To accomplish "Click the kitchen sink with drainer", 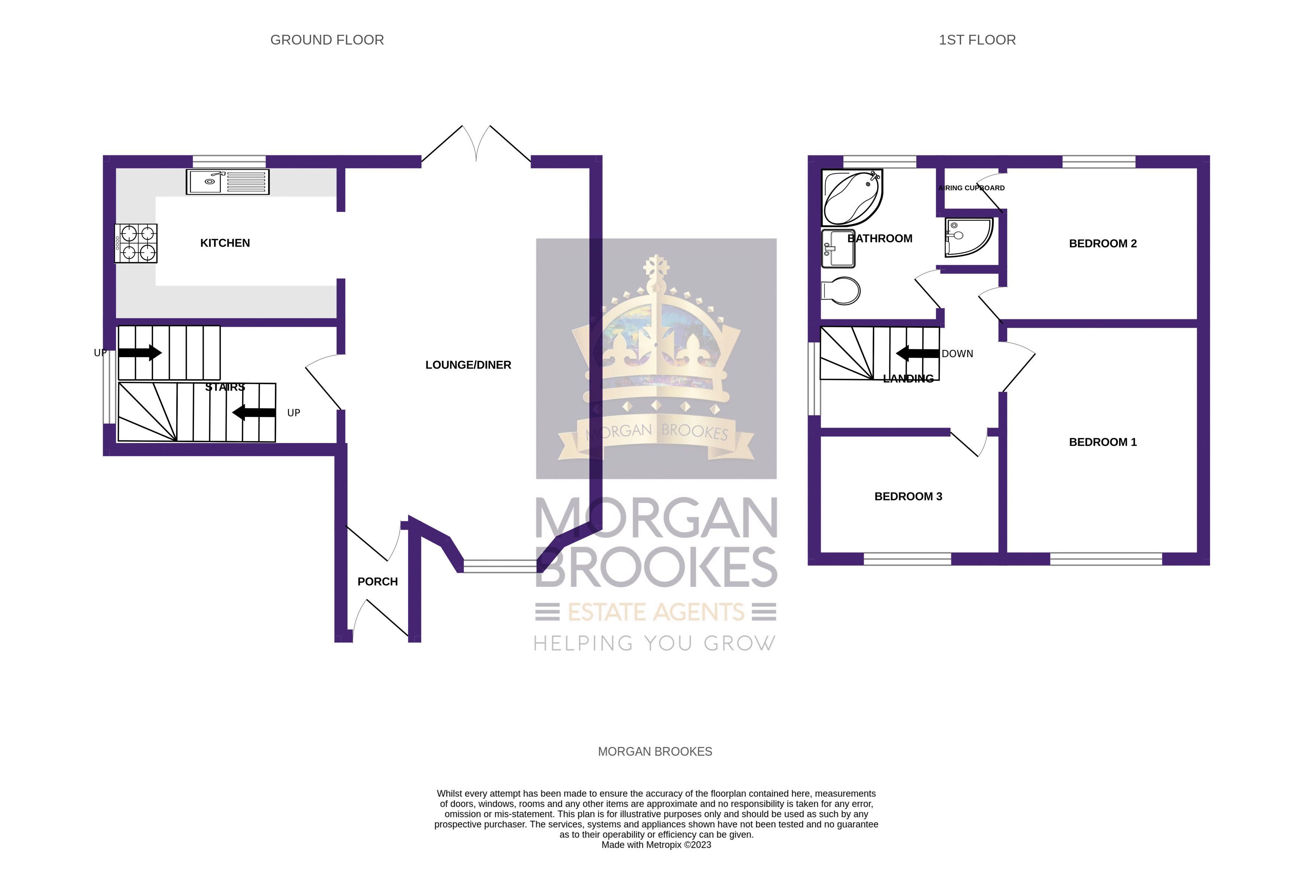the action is tap(227, 182).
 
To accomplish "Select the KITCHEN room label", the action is tap(225, 243).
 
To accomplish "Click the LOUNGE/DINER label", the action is tap(468, 365).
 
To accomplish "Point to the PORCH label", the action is tap(377, 581).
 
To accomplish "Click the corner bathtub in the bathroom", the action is tap(851, 198).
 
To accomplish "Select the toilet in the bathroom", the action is tap(841, 291).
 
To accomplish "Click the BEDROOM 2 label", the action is tap(1102, 244).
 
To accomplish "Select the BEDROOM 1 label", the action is tap(1102, 442).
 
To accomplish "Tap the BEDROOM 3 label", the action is tap(908, 496).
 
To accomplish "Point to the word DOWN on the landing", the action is tap(957, 354).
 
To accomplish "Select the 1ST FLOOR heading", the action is tap(977, 40).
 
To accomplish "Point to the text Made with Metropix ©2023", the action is tap(656, 845).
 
